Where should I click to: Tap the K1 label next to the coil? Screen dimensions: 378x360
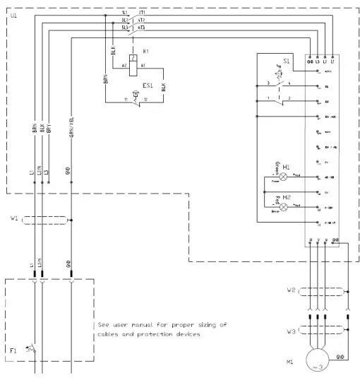[x=146, y=52]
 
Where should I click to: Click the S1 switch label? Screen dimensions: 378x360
[x=286, y=61]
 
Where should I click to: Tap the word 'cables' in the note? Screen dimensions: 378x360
[x=110, y=336]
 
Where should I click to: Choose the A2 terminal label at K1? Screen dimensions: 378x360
[x=124, y=65]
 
